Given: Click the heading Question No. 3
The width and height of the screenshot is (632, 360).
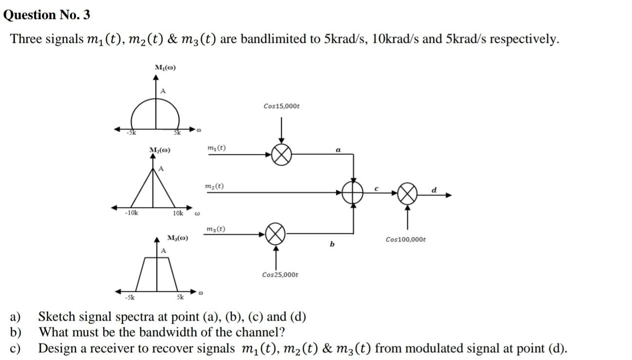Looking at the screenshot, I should (47, 15).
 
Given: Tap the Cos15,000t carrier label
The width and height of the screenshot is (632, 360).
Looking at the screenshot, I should (281, 106).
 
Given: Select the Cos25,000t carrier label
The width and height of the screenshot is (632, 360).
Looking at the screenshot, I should (280, 275).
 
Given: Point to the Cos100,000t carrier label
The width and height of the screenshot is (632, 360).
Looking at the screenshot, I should (406, 240).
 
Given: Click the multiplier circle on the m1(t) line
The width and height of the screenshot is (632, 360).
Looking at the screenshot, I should (281, 155).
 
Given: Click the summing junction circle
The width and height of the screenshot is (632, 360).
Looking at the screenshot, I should (353, 192).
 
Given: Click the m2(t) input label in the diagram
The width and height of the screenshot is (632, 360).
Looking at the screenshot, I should (215, 187).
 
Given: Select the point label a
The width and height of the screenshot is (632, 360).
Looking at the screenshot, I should (338, 151).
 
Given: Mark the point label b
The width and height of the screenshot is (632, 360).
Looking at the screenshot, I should (332, 244).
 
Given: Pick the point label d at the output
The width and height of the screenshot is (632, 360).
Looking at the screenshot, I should (434, 190).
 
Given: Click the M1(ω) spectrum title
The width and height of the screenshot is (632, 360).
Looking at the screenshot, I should (165, 67).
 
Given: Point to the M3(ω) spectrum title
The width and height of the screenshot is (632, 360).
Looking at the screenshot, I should (177, 238).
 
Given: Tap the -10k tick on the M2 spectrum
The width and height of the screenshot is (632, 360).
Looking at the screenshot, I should (131, 213).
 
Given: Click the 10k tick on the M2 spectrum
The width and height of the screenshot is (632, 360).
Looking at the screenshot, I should (178, 213).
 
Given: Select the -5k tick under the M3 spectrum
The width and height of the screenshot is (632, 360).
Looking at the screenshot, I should (130, 297).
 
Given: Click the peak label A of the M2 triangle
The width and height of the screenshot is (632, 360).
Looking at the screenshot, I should (161, 169).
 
